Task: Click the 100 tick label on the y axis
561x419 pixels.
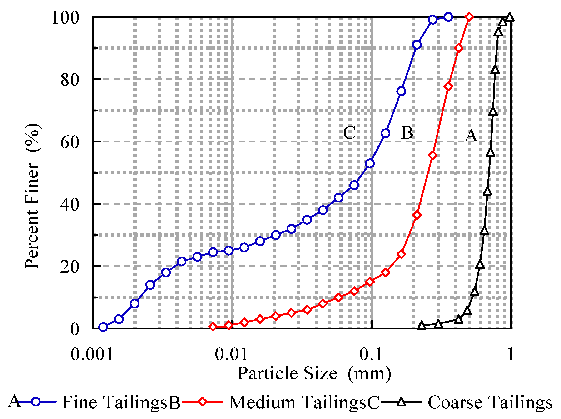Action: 65,18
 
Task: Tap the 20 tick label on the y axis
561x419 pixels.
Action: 70,267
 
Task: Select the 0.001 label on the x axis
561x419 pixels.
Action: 92,354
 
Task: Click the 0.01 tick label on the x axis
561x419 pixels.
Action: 231,354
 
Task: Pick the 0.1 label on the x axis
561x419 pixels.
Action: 370,354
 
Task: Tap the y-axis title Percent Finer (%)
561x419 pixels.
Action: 32,196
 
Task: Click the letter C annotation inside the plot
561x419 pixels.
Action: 349,133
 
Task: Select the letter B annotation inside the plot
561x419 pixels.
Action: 407,133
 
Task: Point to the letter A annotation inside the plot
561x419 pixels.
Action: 471,136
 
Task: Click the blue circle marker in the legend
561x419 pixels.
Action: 36,402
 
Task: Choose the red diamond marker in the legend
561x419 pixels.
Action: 203,402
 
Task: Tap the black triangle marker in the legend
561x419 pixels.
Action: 401,402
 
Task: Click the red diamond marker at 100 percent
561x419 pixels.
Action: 469,17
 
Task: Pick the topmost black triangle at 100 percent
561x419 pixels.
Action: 510,17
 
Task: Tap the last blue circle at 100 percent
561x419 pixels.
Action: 448,17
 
